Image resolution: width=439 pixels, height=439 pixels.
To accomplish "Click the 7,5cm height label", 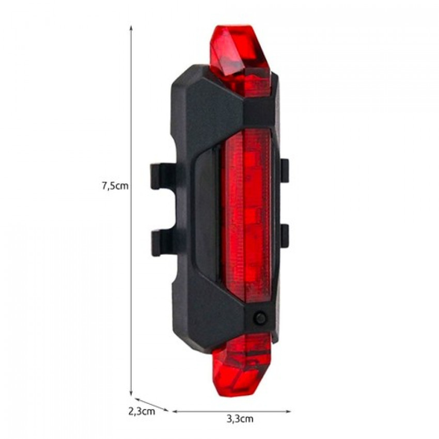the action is pyautogui.click(x=115, y=185).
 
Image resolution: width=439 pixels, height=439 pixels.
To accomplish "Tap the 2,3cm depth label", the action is pyautogui.click(x=142, y=412).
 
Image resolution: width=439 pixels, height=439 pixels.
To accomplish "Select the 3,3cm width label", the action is pyautogui.click(x=240, y=419).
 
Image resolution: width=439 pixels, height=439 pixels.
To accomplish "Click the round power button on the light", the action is pyautogui.click(x=260, y=317).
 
